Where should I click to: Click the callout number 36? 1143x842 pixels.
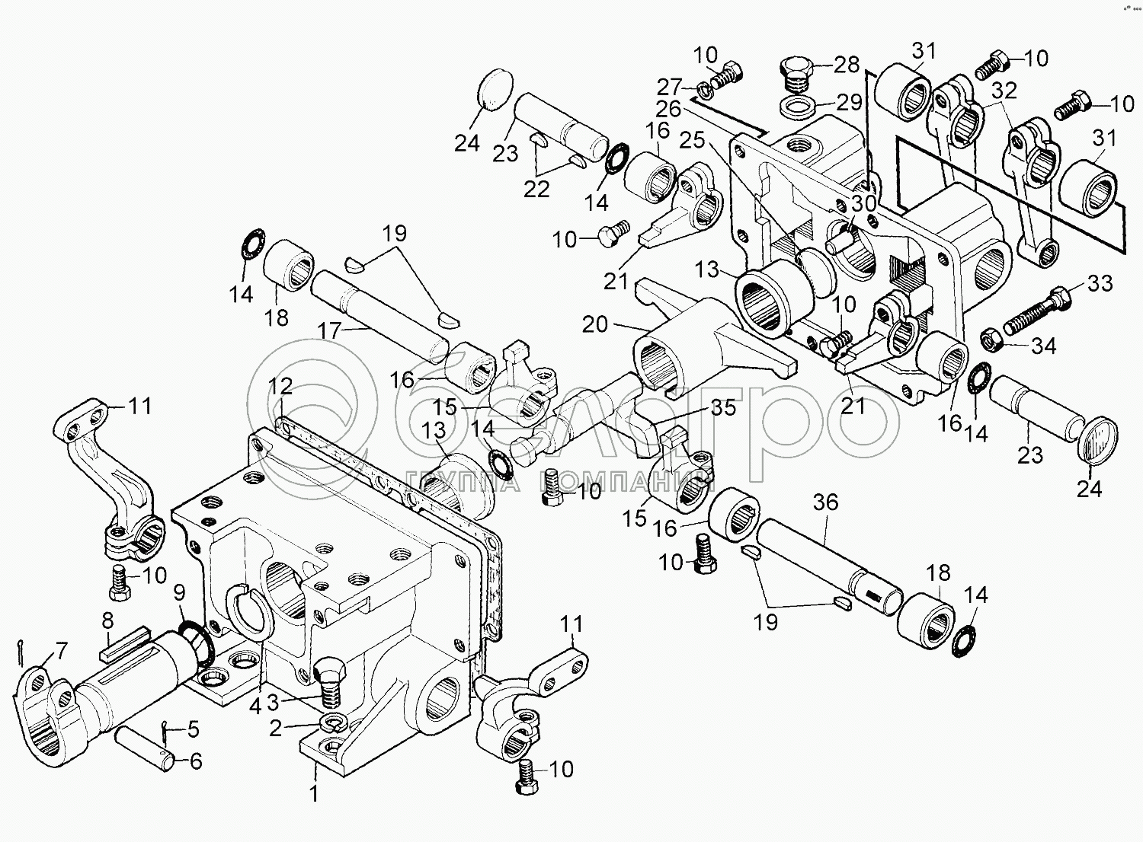coord(825,502)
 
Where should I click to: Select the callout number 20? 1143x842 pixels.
coord(595,325)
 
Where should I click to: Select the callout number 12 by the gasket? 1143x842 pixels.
coord(280,386)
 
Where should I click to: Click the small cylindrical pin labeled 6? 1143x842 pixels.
coord(145,745)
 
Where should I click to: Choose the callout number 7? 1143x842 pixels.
coord(59,651)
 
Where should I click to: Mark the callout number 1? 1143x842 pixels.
coord(312,793)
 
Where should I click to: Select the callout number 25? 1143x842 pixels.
coord(692,140)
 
